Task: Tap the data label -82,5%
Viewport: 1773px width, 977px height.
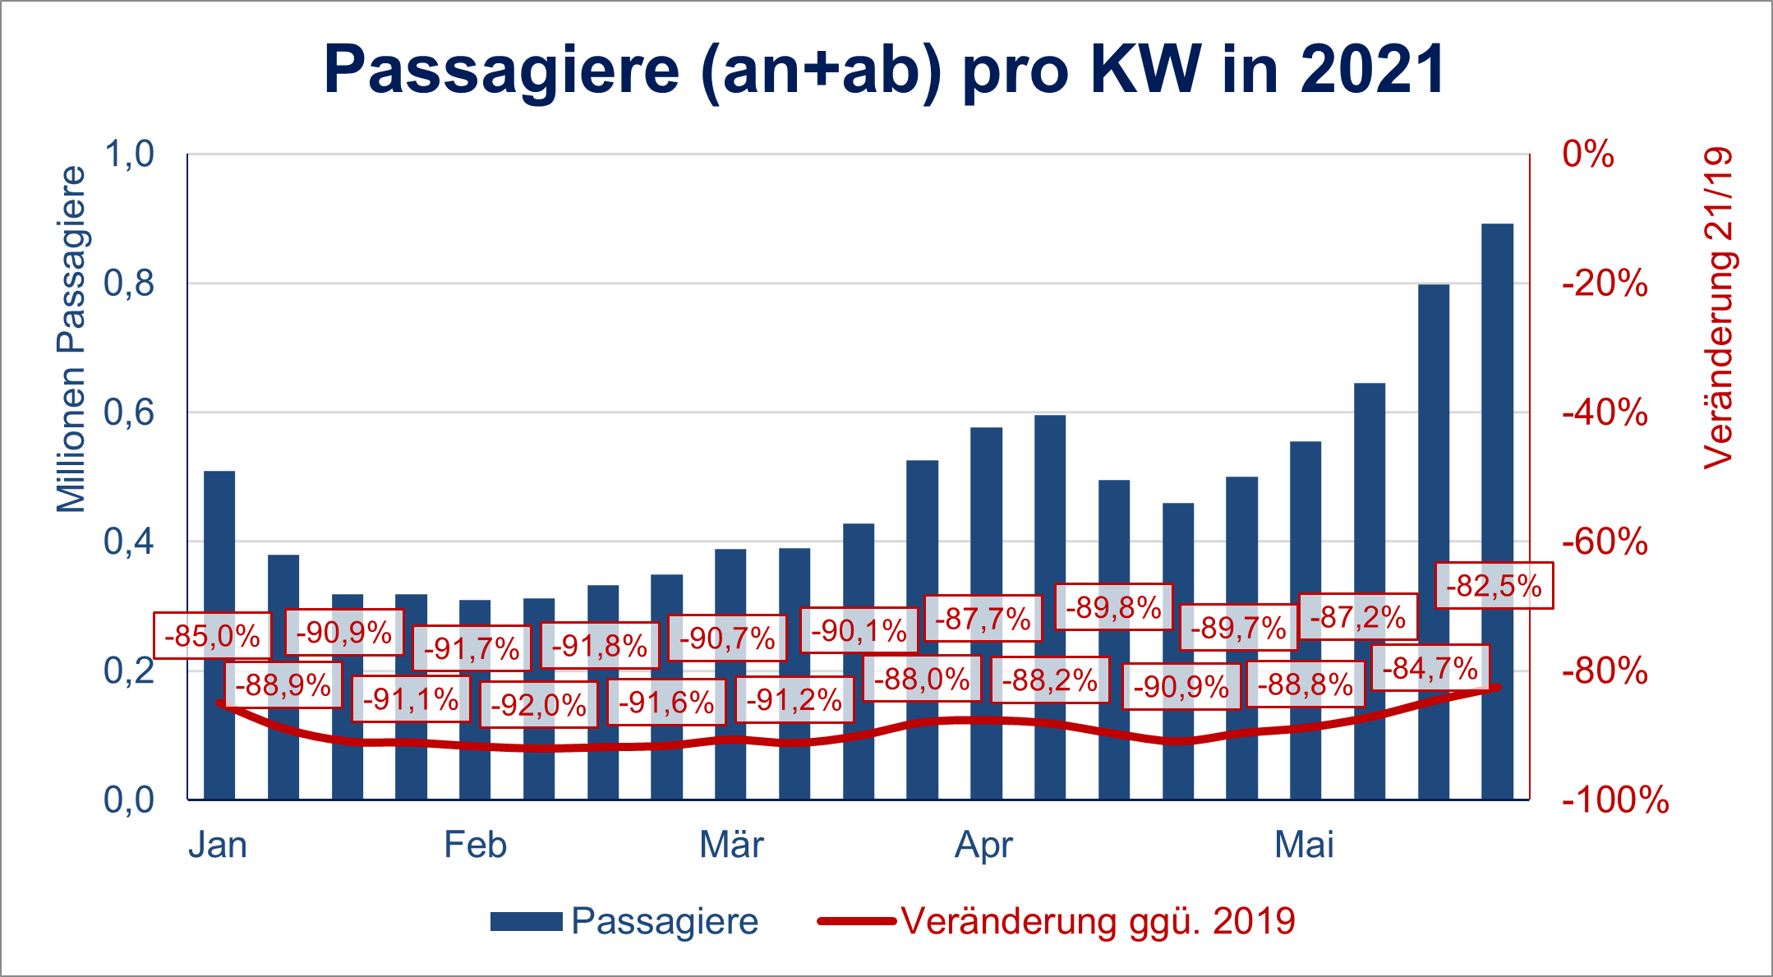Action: coord(1494,586)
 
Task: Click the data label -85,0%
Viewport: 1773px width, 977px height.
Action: coord(212,636)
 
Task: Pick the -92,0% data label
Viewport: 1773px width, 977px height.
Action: coord(539,705)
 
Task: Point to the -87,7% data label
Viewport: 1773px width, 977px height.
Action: coord(983,619)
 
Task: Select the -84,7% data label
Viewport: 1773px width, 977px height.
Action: coord(1430,668)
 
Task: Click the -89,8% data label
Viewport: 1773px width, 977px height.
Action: coord(1113,608)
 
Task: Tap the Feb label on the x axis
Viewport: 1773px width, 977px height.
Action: coord(475,845)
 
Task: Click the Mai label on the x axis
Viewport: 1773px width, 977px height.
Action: coord(1304,845)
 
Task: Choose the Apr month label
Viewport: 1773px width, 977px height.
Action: coord(983,845)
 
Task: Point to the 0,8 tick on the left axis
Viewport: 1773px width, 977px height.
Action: coord(129,283)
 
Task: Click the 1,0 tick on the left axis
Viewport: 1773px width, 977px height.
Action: coord(129,154)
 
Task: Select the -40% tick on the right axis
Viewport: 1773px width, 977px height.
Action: coord(1605,412)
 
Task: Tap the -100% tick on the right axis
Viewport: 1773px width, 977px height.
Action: coord(1615,800)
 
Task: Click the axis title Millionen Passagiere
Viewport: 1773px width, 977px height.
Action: coord(71,339)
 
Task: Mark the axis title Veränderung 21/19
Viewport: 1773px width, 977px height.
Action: coord(1718,308)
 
